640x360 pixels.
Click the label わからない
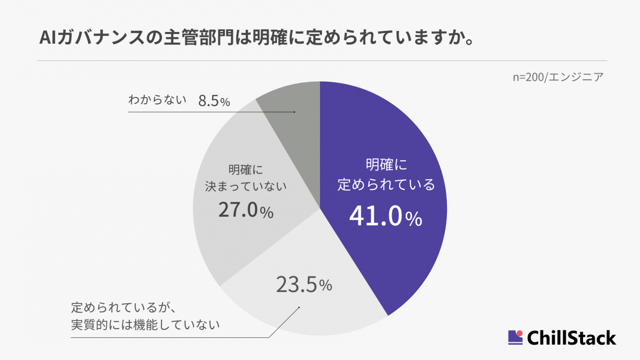tap(158, 100)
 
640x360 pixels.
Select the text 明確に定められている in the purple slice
tap(386, 175)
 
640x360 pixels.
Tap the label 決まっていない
tap(245, 187)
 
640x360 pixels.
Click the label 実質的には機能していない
tap(145, 325)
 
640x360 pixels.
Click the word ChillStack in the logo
tap(571, 338)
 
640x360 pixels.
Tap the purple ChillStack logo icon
tap(515, 337)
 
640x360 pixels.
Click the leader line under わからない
tap(212, 112)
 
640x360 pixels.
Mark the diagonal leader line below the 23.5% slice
tap(285, 323)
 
